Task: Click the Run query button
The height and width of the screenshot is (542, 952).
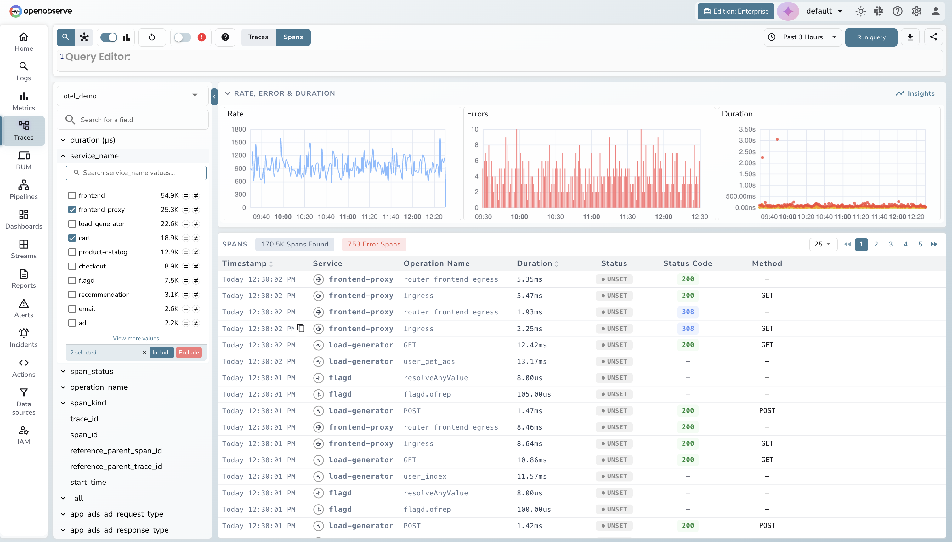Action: click(871, 37)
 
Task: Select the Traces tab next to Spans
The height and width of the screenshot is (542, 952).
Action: click(258, 37)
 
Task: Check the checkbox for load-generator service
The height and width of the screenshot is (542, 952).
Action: click(72, 224)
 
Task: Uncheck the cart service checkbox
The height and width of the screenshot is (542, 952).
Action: click(72, 238)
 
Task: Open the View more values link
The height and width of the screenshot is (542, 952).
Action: click(136, 338)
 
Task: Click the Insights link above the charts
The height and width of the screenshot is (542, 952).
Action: click(915, 93)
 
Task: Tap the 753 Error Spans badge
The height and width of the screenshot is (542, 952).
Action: click(374, 244)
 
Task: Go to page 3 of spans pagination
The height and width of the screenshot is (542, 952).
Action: click(891, 244)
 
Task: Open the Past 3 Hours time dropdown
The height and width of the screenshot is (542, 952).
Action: click(803, 37)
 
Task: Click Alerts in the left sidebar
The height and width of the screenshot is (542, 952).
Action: click(24, 308)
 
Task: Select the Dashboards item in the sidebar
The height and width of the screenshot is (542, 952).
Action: click(24, 219)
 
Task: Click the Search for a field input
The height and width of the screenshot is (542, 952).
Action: click(138, 120)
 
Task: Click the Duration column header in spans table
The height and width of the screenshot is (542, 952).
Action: click(534, 263)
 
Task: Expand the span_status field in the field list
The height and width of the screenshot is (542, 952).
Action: click(92, 371)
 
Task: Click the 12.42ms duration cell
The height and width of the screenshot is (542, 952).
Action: click(532, 345)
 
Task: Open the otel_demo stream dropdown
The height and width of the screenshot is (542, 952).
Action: click(132, 96)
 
